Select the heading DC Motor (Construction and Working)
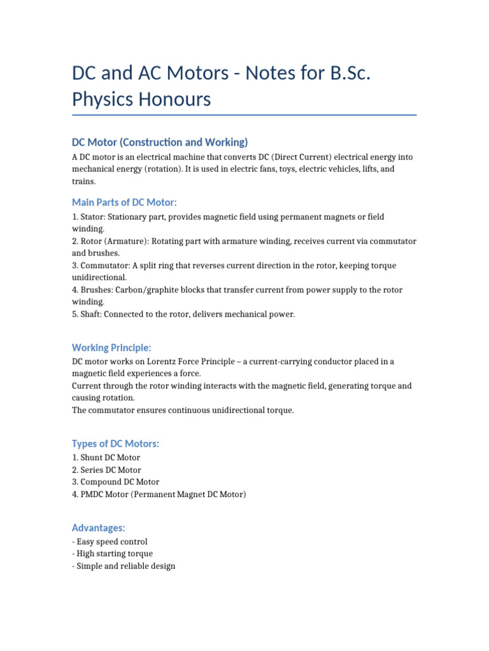coord(159,142)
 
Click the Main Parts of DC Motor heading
coord(124,202)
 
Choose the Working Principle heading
coord(111,347)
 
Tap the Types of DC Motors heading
coord(115,443)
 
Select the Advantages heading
coord(99,528)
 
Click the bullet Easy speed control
coord(111,542)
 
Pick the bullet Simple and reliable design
coord(125,566)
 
